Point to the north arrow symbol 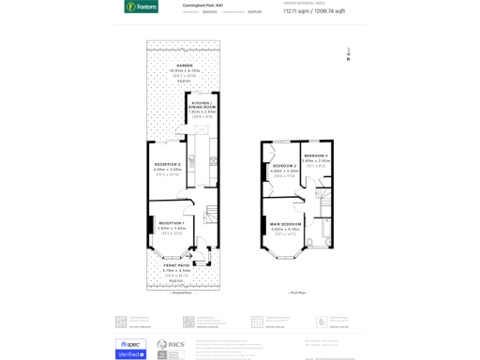coord(349,53)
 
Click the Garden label coord(183,66)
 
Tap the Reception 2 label coord(168,165)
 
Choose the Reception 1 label coord(171,223)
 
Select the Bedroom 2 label coord(284,166)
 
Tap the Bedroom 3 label coord(316,156)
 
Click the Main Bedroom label coord(285,224)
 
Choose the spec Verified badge coord(130,349)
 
